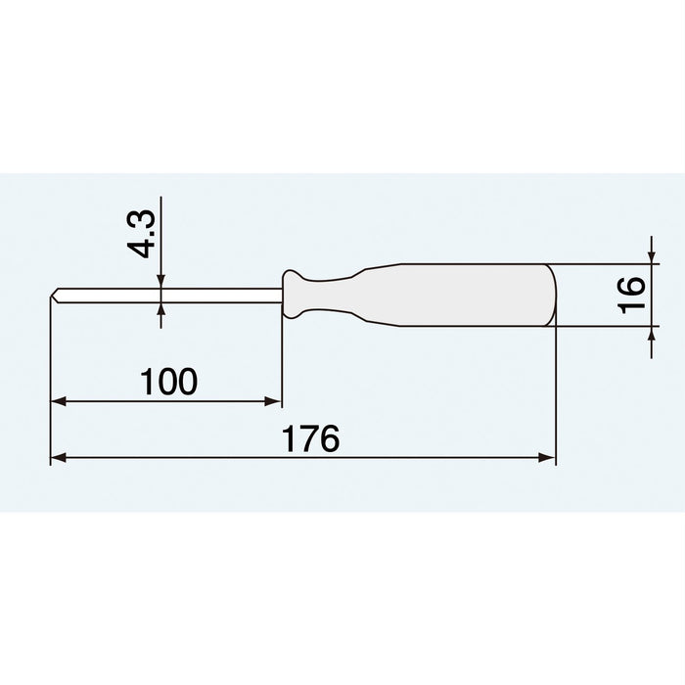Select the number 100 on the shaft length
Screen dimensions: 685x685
tap(168, 382)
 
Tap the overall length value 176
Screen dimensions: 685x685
tap(312, 438)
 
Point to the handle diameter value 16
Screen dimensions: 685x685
tap(632, 293)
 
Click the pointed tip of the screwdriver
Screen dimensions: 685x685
tap(53, 294)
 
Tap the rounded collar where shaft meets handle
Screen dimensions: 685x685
tap(294, 295)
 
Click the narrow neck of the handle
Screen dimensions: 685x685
tap(338, 295)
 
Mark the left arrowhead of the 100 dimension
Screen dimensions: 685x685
tap(59, 400)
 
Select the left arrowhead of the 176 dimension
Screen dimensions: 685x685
tap(59, 457)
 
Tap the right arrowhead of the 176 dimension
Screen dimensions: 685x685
tap(548, 457)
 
